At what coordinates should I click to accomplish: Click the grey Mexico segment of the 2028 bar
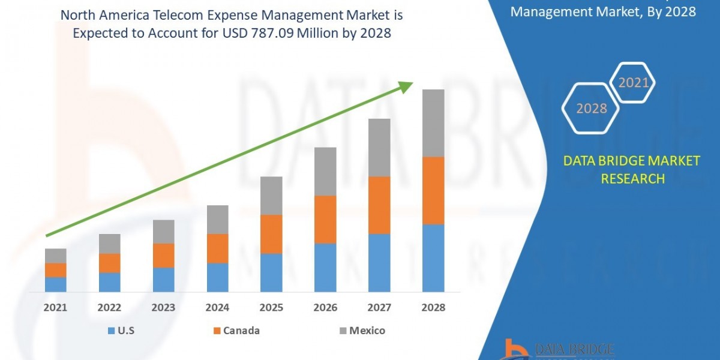pos(433,123)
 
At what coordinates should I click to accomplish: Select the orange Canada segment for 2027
pos(379,205)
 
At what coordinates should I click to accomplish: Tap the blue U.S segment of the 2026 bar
pos(325,268)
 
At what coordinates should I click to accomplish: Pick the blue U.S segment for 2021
pos(56,284)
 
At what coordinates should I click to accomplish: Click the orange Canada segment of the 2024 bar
pos(217,248)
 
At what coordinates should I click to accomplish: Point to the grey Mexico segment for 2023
pos(163,232)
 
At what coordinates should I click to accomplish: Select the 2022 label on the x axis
pos(109,308)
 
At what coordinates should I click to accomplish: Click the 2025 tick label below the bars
pos(271,308)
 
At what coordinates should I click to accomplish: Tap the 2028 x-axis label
pos(433,308)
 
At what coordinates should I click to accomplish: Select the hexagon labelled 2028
pos(591,109)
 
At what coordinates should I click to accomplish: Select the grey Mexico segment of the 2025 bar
pos(271,196)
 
